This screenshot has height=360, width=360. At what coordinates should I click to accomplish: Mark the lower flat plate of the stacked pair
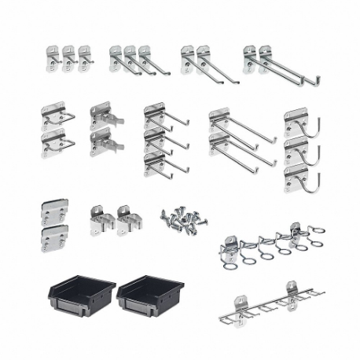coord(54,237)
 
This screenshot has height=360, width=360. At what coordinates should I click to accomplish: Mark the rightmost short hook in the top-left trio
coord(83,57)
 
